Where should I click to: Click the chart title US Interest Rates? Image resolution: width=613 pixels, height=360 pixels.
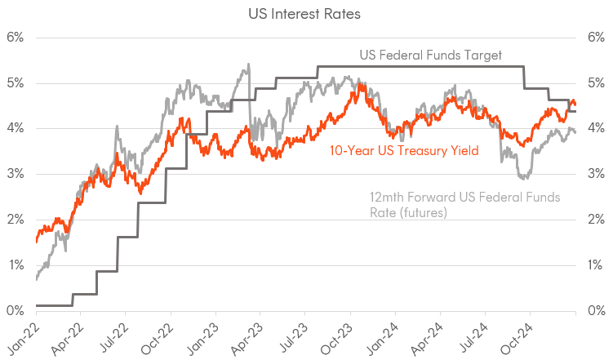click(306, 14)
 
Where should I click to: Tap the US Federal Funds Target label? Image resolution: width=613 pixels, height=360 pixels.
click(430, 56)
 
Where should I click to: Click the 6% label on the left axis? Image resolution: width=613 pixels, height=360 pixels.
click(17, 38)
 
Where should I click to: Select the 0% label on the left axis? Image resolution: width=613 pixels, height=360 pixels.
click(17, 311)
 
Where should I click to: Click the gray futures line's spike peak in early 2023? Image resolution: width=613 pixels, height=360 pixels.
click(248, 64)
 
